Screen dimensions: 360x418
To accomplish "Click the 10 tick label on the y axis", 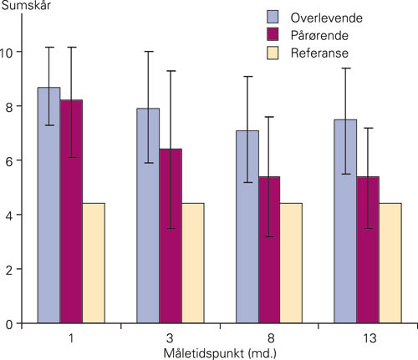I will click(8, 52).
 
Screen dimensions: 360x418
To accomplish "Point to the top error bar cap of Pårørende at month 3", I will click(171, 71).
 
